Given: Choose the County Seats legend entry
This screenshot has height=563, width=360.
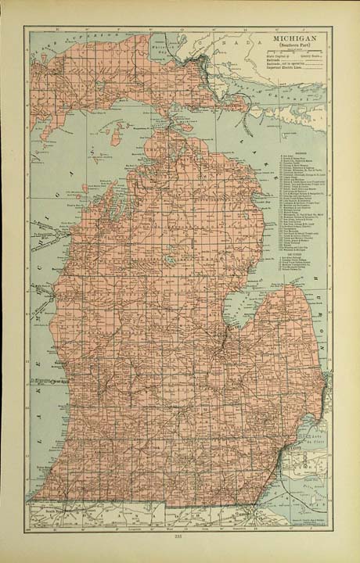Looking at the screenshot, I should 310,56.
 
